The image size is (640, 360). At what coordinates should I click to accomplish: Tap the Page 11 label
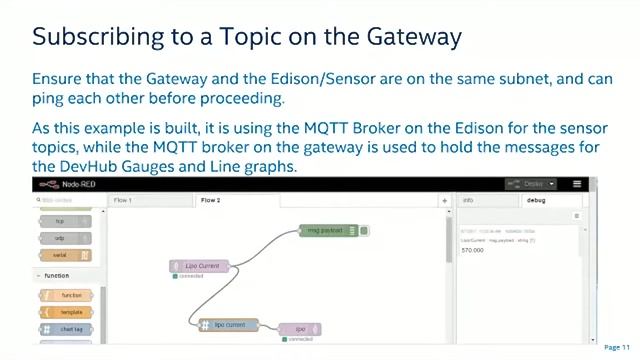pos(618,347)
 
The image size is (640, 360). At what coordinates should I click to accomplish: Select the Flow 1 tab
pos(124,200)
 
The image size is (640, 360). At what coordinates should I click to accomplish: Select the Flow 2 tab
pos(210,200)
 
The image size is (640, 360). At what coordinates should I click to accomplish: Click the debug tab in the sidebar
pos(536,200)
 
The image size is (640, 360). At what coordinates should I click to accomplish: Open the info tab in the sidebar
pos(468,200)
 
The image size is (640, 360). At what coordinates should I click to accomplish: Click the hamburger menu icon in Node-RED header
pos(577,184)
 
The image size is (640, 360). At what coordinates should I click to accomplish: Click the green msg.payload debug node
pos(327,231)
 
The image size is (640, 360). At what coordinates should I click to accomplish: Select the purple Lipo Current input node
pos(201,266)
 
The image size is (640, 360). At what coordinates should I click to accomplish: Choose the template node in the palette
pos(70,312)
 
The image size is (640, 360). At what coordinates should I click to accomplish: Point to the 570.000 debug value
pos(472,250)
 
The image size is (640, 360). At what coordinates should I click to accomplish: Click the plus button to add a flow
pos(445,201)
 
